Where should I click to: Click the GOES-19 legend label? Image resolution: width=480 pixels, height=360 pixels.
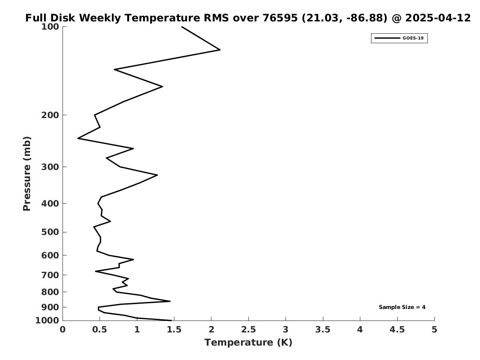click(x=413, y=38)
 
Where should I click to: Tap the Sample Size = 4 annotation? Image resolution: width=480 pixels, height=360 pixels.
click(x=402, y=307)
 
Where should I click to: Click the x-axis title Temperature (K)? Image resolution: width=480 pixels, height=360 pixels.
click(x=248, y=343)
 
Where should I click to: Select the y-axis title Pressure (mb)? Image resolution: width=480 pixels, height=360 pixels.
click(x=27, y=174)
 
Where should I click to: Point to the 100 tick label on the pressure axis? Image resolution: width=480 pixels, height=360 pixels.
click(x=50, y=27)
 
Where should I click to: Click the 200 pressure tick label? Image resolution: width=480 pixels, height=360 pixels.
click(x=50, y=115)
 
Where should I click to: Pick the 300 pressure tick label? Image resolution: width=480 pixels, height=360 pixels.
click(x=50, y=167)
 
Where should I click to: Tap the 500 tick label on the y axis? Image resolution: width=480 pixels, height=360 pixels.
click(x=50, y=232)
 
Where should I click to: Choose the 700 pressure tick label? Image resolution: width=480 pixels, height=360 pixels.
click(x=50, y=275)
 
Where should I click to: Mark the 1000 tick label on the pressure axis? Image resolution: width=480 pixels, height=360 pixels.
click(x=47, y=321)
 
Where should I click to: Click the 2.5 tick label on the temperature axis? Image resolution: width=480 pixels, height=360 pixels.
click(x=248, y=330)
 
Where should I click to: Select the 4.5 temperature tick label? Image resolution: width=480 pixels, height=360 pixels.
click(x=397, y=330)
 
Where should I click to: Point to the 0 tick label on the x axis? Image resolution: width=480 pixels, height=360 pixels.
click(x=63, y=330)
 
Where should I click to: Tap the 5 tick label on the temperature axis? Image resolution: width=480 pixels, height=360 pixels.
click(x=434, y=330)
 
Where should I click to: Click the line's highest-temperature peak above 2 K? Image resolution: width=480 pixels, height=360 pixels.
click(x=220, y=50)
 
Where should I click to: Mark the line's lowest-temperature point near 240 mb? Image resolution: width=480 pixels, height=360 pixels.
click(x=78, y=138)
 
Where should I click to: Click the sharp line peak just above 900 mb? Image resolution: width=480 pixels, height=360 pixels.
click(x=170, y=301)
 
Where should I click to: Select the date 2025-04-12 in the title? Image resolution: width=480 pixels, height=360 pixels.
click(x=438, y=18)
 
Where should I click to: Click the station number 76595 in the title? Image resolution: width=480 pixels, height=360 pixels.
click(x=280, y=18)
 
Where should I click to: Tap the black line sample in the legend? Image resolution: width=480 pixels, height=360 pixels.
click(x=387, y=38)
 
